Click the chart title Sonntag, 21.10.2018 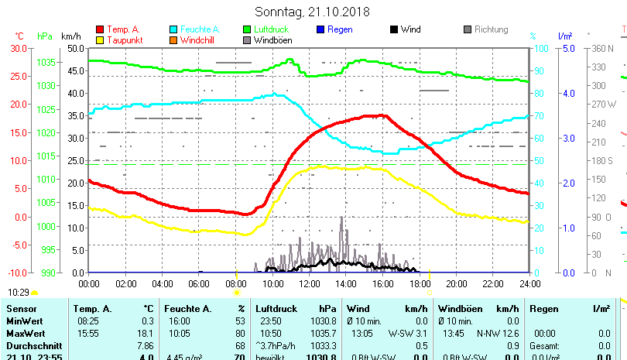(x=312, y=12)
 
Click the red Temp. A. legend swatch (x=99, y=29)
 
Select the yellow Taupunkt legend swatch (x=99, y=39)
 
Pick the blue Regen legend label (x=340, y=29)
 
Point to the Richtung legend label (x=491, y=29)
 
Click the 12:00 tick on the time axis (x=309, y=283)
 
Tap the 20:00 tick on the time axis (x=456, y=283)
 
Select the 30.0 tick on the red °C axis (x=17, y=48)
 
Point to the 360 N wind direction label (x=602, y=48)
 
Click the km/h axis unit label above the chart (x=70, y=36)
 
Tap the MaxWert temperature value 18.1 (x=146, y=332)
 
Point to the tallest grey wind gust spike (x=341, y=219)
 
